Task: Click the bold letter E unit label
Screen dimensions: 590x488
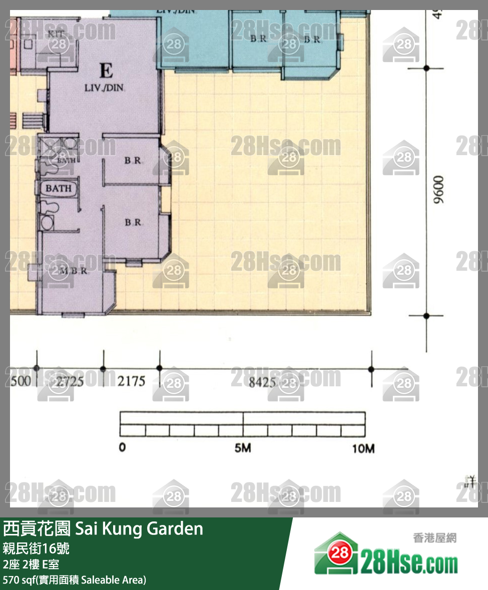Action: [x=106, y=71]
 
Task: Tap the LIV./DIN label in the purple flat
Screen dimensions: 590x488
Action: [x=104, y=88]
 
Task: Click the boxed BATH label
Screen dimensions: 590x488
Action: [x=59, y=189]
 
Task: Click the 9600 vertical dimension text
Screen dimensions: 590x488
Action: [x=439, y=189]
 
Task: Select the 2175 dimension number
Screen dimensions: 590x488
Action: [x=131, y=381]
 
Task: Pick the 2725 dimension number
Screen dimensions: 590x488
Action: [x=70, y=382]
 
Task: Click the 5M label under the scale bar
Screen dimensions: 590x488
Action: [x=243, y=448]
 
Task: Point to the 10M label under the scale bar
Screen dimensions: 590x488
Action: [x=363, y=448]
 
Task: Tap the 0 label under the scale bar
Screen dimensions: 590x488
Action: [x=122, y=447]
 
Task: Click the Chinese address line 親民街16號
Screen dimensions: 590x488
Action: [x=36, y=548]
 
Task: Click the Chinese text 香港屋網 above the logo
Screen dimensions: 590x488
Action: [x=434, y=538]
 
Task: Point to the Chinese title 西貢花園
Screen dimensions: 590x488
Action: [x=37, y=528]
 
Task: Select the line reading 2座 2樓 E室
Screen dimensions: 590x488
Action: [x=31, y=564]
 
